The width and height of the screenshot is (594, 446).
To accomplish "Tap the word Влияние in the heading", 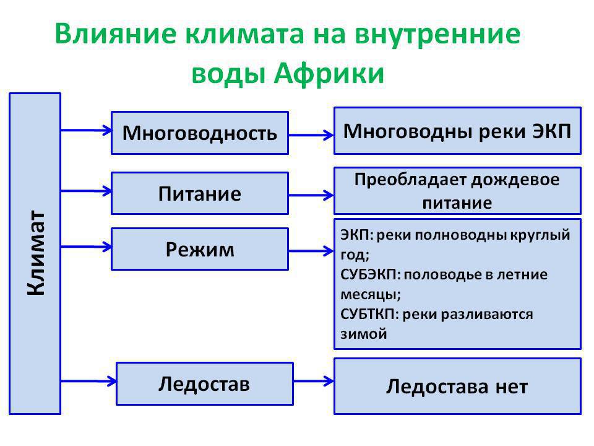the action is pos(115,33).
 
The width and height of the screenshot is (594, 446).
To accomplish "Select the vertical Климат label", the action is pos(36,253).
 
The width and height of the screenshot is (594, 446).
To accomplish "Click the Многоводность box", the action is pos(200,133).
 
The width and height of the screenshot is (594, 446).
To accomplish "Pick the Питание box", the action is pos(200,193).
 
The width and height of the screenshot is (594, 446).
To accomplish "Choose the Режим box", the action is pos(200,249).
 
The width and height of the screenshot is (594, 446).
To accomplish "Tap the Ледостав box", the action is pos(205,384).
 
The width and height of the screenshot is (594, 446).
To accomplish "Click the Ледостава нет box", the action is pos(457,386).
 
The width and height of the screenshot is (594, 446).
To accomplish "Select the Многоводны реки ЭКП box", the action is pos(457,131).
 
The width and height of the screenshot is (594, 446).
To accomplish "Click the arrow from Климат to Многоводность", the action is pos(87,131).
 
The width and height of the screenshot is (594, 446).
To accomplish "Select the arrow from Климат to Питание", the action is pos(87,191).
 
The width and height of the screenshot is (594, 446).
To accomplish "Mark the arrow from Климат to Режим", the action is pos(87,247).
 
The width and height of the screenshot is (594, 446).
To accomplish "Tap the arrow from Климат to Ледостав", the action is pos(88,381).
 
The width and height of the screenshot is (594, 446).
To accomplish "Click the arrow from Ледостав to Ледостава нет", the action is pos(314,381).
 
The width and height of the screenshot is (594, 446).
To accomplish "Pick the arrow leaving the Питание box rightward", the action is pos(311,195).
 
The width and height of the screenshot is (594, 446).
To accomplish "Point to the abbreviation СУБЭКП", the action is pos(370,274).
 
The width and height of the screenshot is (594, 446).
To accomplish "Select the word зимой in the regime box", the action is pos(364,334).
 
